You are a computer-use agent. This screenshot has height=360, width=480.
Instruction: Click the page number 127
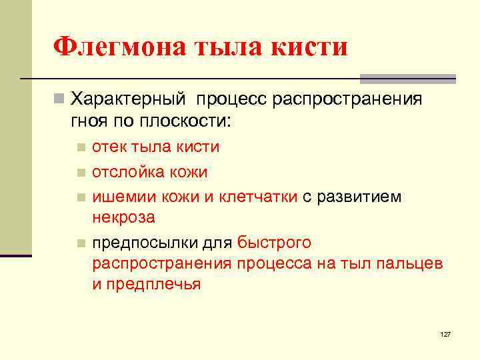(x=445, y=333)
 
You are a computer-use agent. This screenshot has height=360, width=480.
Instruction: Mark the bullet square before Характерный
(x=59, y=100)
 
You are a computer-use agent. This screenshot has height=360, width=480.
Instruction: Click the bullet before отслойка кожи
(x=81, y=173)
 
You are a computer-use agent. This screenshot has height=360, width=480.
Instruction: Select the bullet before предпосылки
(x=81, y=243)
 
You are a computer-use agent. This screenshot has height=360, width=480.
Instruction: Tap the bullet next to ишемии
(x=81, y=197)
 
